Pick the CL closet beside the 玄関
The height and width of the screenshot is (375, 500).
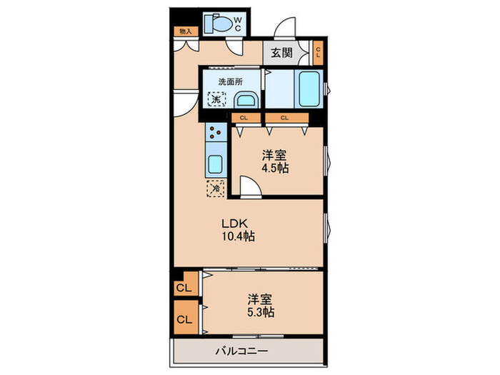point(319,52)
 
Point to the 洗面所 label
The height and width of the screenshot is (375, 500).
point(221,81)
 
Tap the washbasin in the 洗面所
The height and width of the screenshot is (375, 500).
point(246,100)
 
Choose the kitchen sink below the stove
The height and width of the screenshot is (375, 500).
point(215,164)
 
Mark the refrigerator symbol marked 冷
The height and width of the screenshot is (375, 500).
point(215,189)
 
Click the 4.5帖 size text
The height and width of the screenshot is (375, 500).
point(274,169)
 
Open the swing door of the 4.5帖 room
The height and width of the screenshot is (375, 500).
point(249,187)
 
